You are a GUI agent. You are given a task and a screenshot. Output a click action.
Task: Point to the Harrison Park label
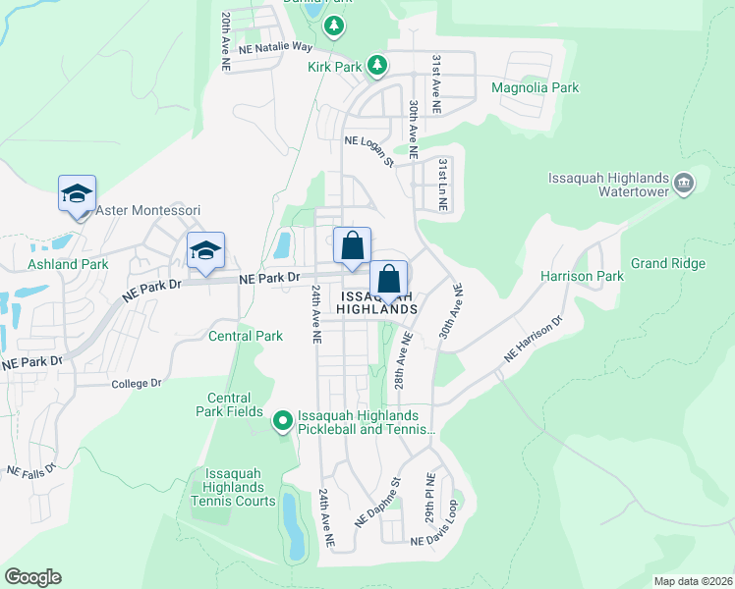[x=582, y=276]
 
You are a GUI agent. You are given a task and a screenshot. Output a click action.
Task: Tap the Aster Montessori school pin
[x=77, y=193]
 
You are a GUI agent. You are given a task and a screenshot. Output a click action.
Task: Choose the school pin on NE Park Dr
[x=205, y=250]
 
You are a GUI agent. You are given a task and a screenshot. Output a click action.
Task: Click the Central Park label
[x=246, y=336]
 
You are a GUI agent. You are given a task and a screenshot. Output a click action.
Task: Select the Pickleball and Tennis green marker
[x=283, y=422]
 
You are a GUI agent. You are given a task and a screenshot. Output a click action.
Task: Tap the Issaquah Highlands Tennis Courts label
[x=234, y=487]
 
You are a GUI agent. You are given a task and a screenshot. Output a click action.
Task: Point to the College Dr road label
[x=136, y=383]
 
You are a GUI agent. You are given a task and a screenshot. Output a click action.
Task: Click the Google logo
[x=32, y=577]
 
